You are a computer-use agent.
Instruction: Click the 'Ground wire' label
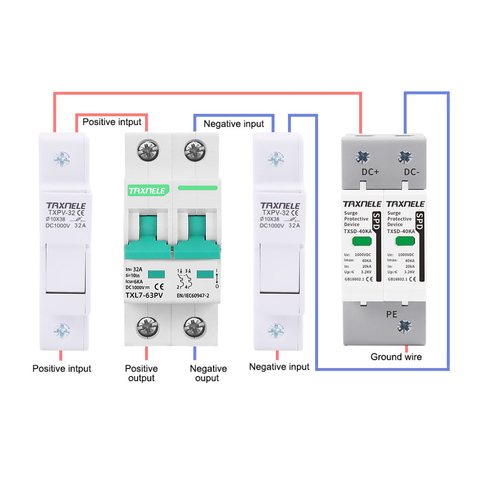tap(396, 357)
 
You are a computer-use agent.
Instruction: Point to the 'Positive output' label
tap(141, 373)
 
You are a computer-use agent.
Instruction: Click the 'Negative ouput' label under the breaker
tap(208, 373)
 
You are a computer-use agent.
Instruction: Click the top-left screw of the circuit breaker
tap(147, 149)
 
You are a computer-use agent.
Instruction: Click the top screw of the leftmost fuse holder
tap(62, 158)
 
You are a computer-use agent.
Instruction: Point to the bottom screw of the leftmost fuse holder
tap(62, 329)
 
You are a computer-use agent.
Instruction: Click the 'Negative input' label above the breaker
tap(234, 124)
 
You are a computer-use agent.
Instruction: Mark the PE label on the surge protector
tap(391, 314)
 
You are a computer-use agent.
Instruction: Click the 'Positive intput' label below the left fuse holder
tap(62, 368)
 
